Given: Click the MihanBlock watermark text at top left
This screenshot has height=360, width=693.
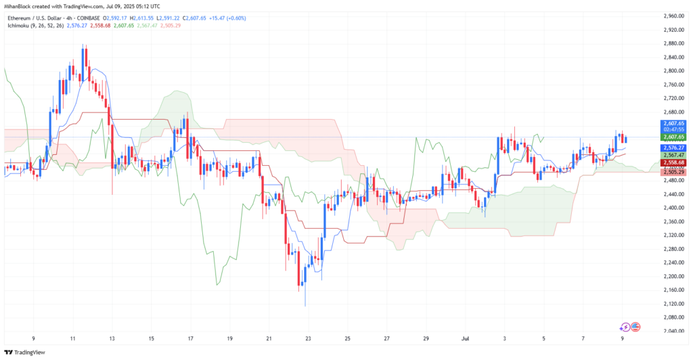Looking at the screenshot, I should tap(20, 6).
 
